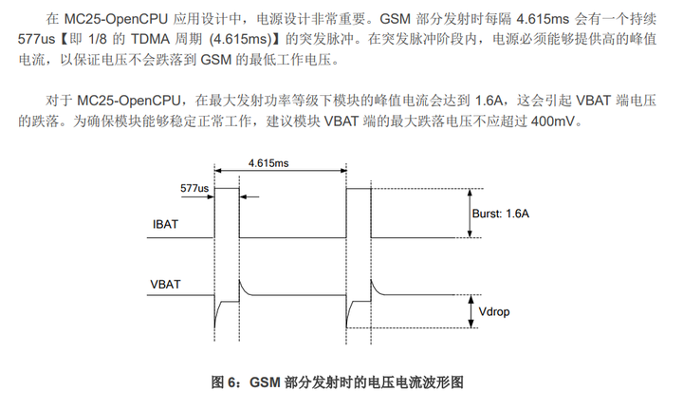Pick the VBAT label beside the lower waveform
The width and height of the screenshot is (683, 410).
coord(167,285)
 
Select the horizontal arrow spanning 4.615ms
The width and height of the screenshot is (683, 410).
coord(282,173)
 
